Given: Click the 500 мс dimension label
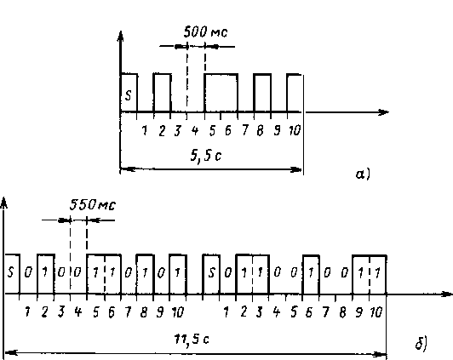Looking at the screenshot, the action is click(205, 31).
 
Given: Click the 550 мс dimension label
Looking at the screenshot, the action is click(93, 205).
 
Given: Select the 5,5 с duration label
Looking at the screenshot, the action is click(206, 156).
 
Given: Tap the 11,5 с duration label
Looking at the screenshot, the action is click(192, 339).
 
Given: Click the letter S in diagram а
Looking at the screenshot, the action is click(129, 95).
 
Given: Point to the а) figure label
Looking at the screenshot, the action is click(363, 174).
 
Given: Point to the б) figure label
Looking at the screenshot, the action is click(421, 344).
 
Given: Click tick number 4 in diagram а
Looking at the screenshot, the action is click(195, 130).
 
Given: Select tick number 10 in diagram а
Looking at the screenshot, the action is click(295, 130).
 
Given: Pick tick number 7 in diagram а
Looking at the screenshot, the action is click(245, 130).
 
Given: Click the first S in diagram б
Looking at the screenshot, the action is click(11, 272).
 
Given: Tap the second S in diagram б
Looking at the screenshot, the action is click(212, 272).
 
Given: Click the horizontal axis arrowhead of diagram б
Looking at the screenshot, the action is click(447, 294).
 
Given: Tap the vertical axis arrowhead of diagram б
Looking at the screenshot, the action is click(3, 202).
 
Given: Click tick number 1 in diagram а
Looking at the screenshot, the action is click(145, 130).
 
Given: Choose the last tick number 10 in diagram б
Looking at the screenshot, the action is click(376, 312).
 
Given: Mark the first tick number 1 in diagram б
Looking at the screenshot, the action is click(27, 312).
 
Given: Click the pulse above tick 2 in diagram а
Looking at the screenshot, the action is click(163, 93).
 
